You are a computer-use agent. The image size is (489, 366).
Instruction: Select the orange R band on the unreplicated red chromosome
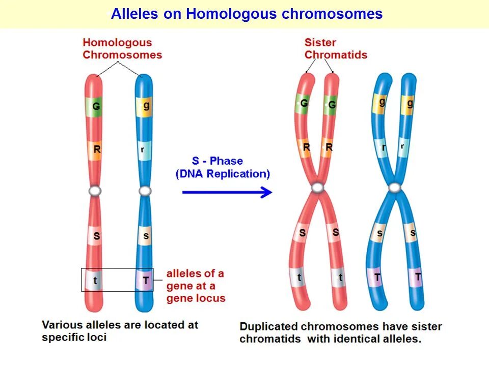click(96, 150)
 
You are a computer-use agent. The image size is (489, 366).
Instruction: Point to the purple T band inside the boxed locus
click(146, 280)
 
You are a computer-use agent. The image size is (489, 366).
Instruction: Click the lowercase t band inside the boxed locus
click(95, 280)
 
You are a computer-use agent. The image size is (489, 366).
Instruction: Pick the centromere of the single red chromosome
click(95, 191)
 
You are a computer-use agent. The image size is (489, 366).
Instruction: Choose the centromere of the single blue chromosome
click(146, 191)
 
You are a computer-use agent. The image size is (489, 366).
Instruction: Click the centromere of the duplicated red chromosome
click(318, 188)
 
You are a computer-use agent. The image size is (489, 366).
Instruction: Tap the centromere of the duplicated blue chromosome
click(394, 188)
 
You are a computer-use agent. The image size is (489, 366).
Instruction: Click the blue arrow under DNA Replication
click(227, 192)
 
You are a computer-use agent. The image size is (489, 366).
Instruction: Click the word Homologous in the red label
click(117, 43)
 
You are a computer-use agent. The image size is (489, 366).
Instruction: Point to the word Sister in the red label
click(319, 43)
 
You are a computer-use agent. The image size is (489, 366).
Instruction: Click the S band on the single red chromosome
click(96, 236)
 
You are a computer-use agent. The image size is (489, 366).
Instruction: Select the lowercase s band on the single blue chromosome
click(146, 236)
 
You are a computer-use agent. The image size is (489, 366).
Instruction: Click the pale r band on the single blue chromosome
click(143, 150)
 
